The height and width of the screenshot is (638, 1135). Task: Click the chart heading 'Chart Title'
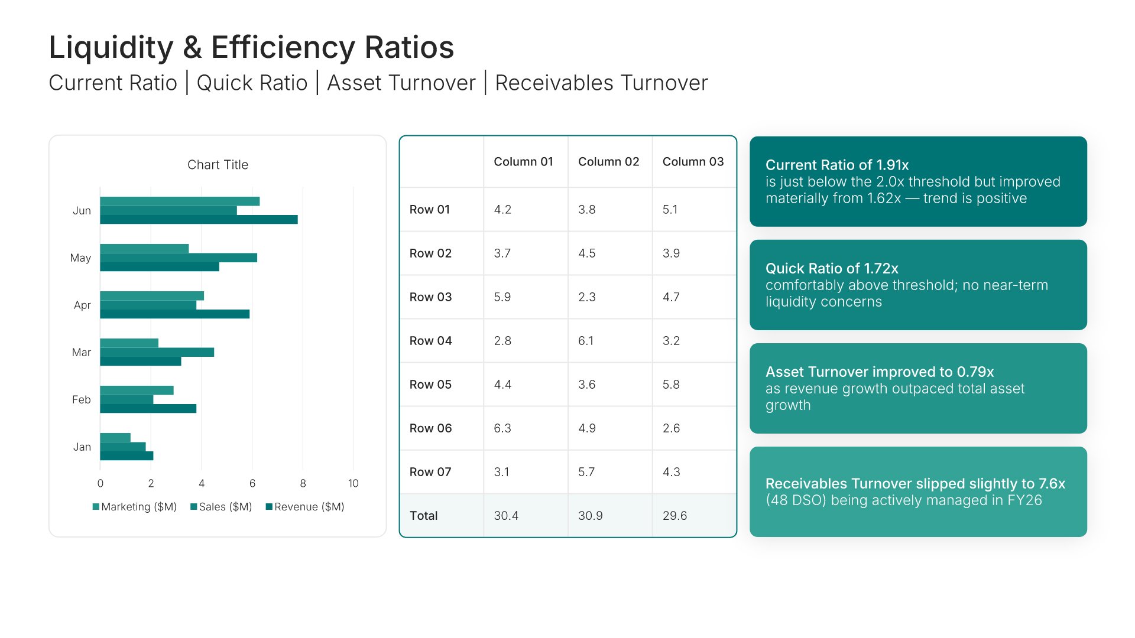(x=218, y=165)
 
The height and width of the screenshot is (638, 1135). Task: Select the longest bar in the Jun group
(x=199, y=220)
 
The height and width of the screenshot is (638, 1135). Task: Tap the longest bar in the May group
(x=179, y=258)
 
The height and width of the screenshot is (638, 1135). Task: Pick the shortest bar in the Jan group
(x=115, y=438)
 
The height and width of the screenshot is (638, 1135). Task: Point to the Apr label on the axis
(x=82, y=305)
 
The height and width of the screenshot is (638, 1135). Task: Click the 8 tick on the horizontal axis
(x=303, y=483)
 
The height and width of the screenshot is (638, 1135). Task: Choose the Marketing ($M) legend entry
(x=135, y=507)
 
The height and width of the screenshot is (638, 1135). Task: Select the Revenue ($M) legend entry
(x=305, y=507)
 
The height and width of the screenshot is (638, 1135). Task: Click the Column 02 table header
(x=608, y=162)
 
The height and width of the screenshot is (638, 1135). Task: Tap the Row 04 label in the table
(x=430, y=341)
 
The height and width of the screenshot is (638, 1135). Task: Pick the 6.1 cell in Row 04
(x=586, y=341)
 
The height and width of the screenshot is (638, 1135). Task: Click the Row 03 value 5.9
(x=502, y=297)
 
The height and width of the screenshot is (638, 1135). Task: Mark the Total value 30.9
(x=590, y=516)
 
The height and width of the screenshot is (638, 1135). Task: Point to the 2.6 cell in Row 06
(x=671, y=428)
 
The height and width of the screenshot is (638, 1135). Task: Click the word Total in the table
(x=423, y=516)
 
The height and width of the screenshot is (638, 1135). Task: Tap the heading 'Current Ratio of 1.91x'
(x=836, y=165)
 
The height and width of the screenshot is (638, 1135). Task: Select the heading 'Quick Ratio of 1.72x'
(x=831, y=268)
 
